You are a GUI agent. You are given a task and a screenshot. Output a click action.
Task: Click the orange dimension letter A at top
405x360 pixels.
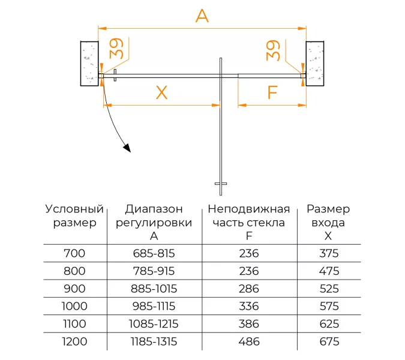point(202,16)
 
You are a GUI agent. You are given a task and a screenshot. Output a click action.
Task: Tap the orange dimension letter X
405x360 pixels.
point(161,92)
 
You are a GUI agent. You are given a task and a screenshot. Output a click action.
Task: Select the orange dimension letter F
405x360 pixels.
point(272,92)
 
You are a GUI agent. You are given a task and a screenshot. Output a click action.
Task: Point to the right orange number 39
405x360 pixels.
point(274,50)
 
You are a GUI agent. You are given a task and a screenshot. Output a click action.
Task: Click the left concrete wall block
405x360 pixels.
point(89,63)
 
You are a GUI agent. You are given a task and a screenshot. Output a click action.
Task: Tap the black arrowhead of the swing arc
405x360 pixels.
point(126,148)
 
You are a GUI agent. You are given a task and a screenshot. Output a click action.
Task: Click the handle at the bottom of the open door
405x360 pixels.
point(221,184)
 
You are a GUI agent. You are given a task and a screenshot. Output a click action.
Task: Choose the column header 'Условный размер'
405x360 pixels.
point(74,215)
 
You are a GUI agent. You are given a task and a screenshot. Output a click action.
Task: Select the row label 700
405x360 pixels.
point(74,253)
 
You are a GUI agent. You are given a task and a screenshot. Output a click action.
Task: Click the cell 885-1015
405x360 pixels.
point(154,289)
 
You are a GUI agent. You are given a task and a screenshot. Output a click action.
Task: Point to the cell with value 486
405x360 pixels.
point(248,342)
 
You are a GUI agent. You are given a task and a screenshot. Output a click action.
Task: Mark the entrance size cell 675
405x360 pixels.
point(329,342)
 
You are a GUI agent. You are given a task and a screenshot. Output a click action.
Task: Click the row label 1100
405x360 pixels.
point(74,324)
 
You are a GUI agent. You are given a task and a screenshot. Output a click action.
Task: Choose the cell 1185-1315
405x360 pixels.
point(154,342)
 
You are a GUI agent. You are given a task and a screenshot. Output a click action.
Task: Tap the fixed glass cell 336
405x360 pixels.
point(248,307)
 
